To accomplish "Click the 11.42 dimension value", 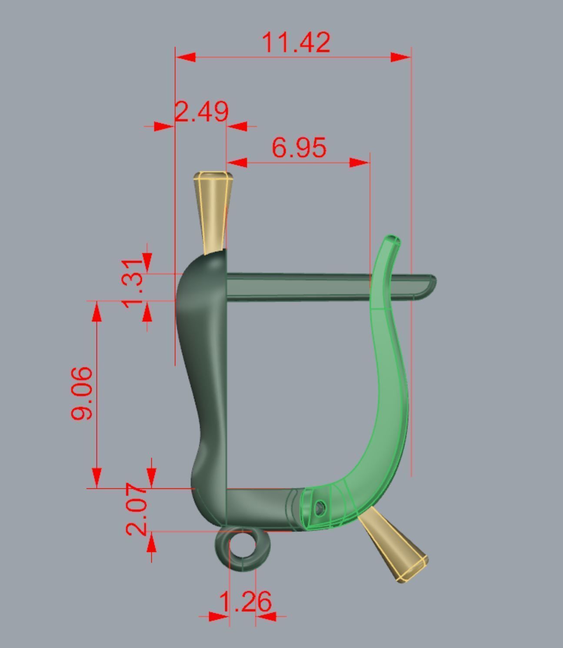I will point(296,43).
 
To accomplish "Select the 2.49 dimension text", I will point(202,112).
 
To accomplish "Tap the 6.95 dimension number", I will point(299,147).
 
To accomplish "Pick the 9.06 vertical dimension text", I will point(82,393).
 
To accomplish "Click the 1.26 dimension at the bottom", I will point(246,602).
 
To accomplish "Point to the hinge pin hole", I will point(320,507).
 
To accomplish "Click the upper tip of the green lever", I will point(393,240).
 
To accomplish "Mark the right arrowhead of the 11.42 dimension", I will point(400,57).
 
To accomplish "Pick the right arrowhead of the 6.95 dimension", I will point(360,163).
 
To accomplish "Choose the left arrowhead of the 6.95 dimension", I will point(237,163).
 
